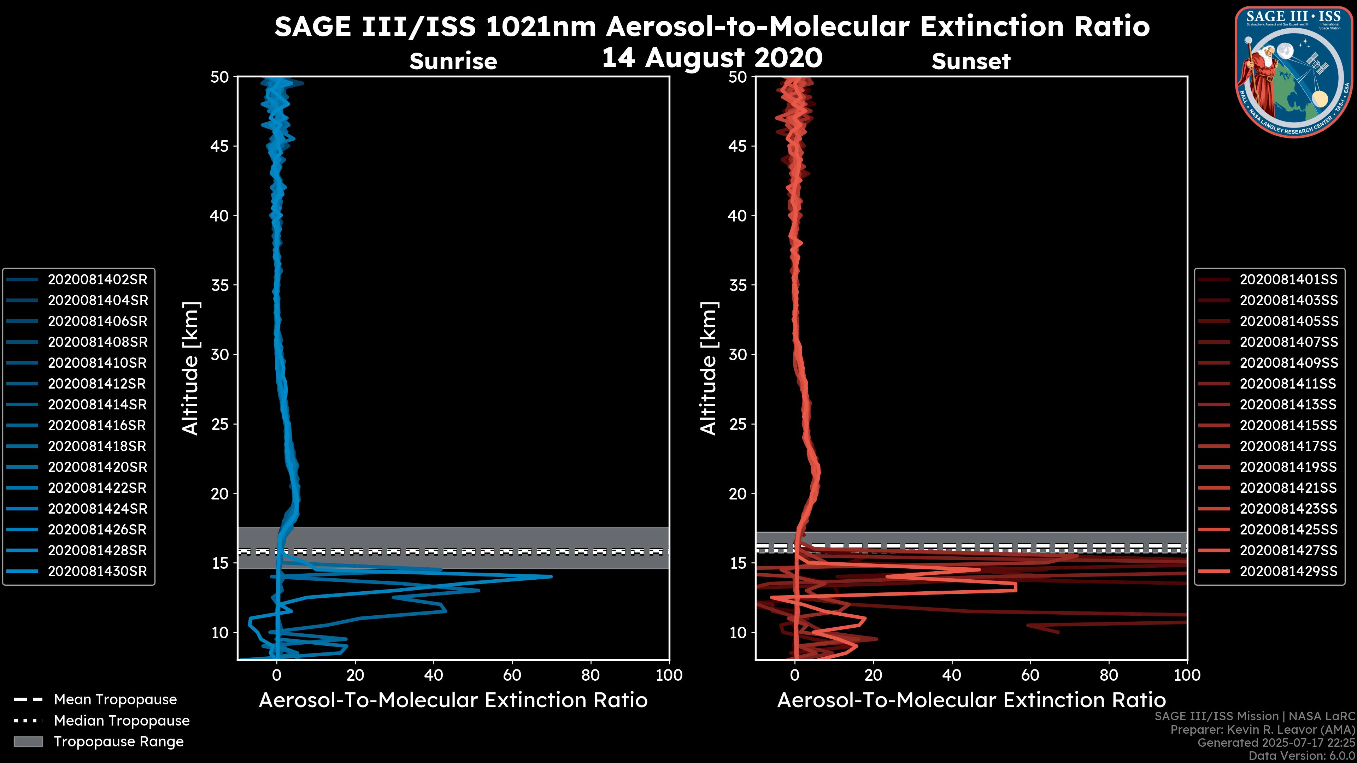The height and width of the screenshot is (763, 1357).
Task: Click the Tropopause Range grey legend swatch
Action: click(x=28, y=741)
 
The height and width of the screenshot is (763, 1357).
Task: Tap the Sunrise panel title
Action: click(x=453, y=61)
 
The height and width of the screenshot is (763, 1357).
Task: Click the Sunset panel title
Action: click(x=971, y=61)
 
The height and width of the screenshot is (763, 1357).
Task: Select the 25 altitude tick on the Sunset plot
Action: click(x=738, y=424)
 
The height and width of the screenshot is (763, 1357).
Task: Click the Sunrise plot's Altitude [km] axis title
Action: click(x=191, y=368)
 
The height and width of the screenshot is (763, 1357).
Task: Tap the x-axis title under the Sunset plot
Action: click(x=971, y=700)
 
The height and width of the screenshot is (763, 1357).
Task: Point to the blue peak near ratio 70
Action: click(x=551, y=576)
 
